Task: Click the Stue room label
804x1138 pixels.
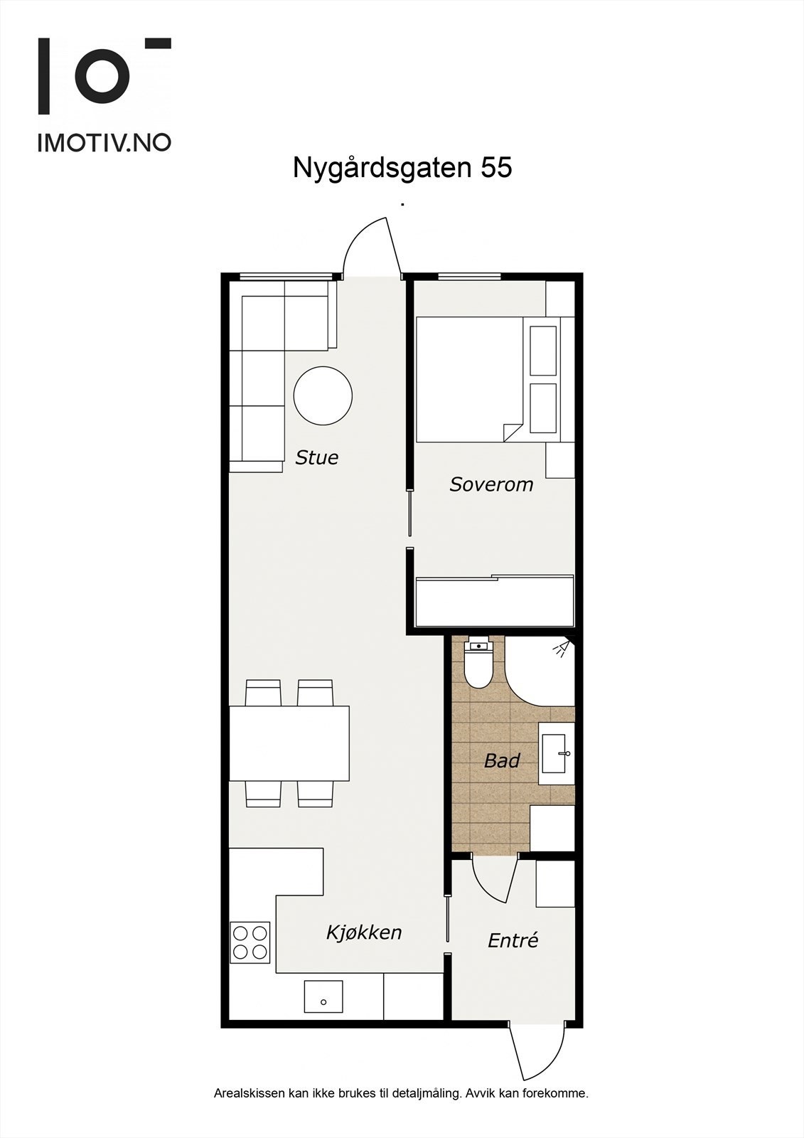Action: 317,457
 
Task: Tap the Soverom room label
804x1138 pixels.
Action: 491,484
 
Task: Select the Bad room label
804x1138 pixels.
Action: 502,760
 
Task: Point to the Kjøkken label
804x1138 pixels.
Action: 364,932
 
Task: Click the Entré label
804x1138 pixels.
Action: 513,940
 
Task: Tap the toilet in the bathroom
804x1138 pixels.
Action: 478,665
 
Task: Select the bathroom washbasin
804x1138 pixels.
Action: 556,753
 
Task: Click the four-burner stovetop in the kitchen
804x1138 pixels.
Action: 250,942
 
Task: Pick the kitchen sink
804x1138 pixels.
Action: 323,996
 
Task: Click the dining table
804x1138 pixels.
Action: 289,743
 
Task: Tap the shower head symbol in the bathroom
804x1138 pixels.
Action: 562,648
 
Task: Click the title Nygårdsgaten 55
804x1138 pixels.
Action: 402,169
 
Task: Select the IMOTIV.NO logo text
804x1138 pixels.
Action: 104,142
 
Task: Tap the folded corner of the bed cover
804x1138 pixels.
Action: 512,432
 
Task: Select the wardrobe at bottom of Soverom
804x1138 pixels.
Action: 494,602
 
